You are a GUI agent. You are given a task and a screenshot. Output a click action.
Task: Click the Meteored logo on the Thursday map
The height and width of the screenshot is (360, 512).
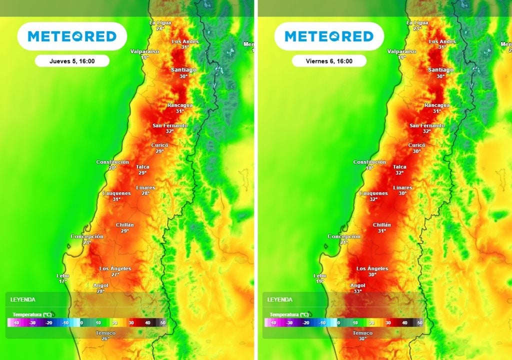[72, 36]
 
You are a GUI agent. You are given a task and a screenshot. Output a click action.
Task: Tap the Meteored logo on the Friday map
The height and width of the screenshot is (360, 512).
[329, 36]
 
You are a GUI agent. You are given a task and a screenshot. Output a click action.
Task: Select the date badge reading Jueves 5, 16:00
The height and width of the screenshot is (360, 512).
[72, 61]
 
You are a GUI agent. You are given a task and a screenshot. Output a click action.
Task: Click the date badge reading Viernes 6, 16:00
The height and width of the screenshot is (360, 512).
[329, 61]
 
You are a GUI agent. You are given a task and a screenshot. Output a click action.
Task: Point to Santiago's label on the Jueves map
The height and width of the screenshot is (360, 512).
[183, 72]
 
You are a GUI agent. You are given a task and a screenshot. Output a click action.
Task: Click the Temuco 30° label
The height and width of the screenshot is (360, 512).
[362, 335]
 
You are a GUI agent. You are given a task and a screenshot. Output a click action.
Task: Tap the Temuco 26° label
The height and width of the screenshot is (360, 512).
[105, 335]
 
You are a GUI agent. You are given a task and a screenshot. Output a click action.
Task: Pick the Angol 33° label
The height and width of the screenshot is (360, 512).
[357, 288]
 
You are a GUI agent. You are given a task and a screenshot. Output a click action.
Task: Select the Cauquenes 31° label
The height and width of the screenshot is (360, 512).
[116, 196]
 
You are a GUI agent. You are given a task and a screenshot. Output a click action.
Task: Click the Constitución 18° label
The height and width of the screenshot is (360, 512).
[369, 165]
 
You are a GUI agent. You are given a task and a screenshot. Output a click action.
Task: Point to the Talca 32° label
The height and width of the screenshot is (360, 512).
[399, 169]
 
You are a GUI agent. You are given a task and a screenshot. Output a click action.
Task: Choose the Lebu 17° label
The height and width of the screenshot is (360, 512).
[63, 278]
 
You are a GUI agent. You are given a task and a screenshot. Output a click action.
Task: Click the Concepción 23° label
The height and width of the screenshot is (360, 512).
[87, 239]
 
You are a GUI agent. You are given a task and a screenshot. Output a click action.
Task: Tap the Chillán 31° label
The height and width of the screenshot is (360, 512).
[382, 227]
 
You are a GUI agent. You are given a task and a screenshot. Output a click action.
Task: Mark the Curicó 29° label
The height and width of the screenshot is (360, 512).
[160, 147]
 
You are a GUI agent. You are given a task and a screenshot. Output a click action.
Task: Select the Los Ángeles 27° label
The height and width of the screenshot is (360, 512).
[115, 271]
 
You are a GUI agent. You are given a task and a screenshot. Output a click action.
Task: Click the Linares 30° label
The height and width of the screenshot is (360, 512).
[402, 190]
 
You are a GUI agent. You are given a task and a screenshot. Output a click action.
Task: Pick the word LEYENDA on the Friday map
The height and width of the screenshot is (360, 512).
[280, 299]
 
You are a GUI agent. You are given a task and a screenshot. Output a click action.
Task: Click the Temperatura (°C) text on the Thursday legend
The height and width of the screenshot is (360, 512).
[32, 314]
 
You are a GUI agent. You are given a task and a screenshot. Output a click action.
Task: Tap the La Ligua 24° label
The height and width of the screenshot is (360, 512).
[160, 25]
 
